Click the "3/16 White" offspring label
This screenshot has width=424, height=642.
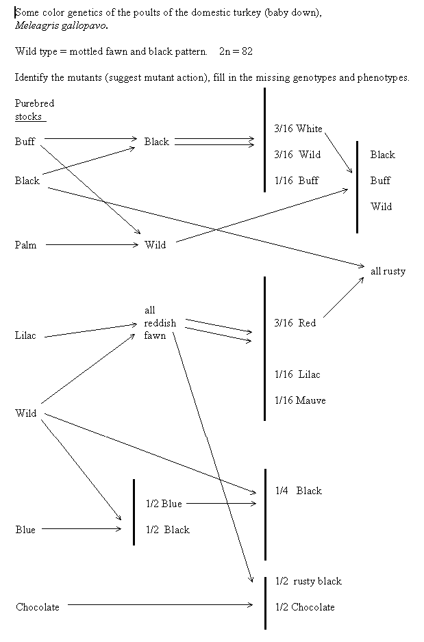coord(298,129)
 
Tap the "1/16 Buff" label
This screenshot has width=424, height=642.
coord(297,181)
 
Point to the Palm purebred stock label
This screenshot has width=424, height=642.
coord(25,245)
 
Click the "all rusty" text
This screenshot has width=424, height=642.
coord(388,271)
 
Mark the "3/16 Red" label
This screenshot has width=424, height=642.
coord(295,323)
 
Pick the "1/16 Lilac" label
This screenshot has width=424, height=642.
coord(297,374)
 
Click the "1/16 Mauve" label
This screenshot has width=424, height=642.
coord(300,400)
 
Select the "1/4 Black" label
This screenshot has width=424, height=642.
coord(298,491)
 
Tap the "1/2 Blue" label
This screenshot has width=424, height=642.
coord(164,504)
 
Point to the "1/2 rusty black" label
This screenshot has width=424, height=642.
coord(308,581)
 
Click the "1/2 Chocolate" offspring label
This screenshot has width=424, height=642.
coord(305,607)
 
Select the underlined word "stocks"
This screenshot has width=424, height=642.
coord(29,116)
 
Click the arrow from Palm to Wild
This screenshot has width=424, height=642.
coord(92,245)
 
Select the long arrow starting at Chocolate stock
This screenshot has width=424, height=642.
coord(161,604)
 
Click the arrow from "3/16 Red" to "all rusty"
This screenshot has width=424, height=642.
coord(342,298)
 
